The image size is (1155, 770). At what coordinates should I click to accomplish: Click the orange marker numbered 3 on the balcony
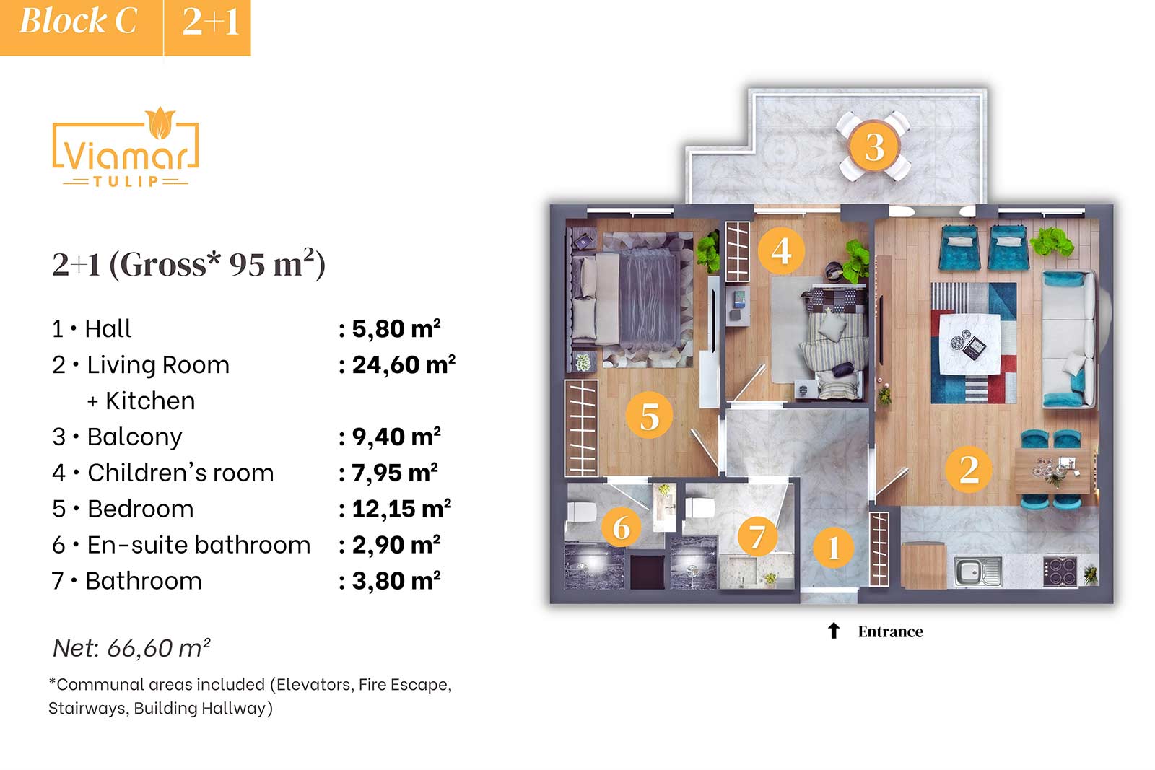click(874, 147)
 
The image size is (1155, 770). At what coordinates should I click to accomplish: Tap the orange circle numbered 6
click(622, 527)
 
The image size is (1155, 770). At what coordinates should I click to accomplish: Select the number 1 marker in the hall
click(833, 547)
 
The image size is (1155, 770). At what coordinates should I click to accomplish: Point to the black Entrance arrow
click(833, 630)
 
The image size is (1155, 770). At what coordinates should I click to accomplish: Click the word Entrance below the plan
click(891, 631)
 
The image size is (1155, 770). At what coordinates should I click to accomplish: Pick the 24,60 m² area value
click(404, 365)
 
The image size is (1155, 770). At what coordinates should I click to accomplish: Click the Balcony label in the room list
click(134, 437)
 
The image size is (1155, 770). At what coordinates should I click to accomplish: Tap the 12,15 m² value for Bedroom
click(401, 509)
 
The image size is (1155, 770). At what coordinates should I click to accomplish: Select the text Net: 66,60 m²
click(132, 648)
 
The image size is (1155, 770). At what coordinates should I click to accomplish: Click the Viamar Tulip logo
click(126, 147)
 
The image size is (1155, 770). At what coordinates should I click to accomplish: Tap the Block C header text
click(79, 22)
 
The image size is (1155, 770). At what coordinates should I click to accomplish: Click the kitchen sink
click(977, 572)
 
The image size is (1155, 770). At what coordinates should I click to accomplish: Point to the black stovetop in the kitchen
click(1060, 572)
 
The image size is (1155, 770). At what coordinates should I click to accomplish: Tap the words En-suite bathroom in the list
click(199, 545)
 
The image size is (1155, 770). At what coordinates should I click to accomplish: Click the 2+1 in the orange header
click(210, 22)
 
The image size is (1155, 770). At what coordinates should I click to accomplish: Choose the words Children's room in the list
click(180, 473)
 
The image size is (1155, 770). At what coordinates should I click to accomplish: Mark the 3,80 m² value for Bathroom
click(396, 581)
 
